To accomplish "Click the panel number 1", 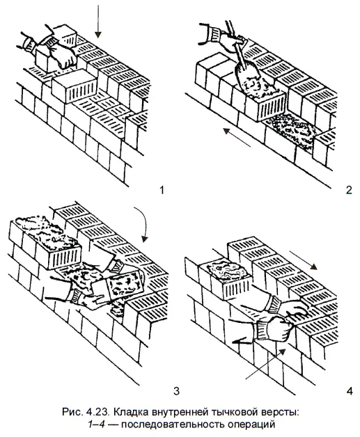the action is tap(161, 190).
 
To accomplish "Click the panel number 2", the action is tap(349, 190).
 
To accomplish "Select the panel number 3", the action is tap(176, 391).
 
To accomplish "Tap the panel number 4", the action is tap(349, 391).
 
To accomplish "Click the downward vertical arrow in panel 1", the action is tap(97, 21).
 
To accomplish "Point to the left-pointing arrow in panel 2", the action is tap(237, 137).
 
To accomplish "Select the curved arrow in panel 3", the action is tap(143, 223).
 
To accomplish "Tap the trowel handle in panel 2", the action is tap(231, 31).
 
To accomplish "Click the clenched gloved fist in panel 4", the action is tap(274, 329).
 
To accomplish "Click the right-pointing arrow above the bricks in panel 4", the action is tap(304, 260).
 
